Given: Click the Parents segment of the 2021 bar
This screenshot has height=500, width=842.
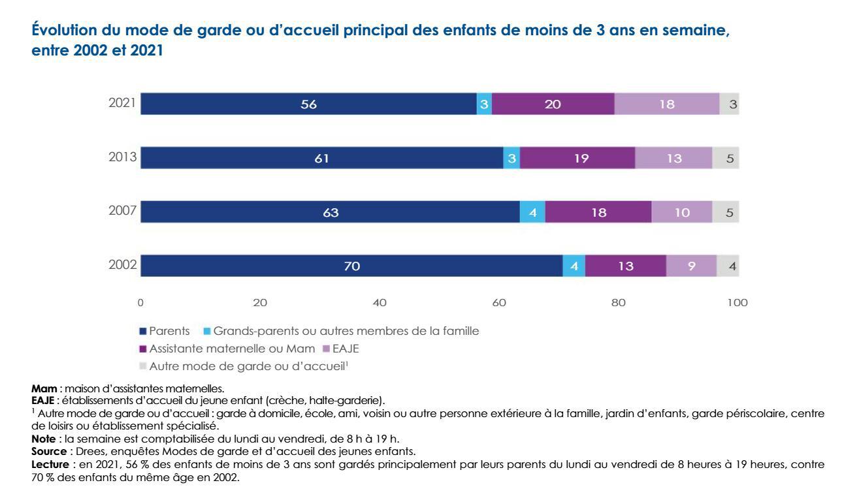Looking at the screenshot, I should point(308,104).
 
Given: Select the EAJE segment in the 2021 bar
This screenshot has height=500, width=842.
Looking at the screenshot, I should point(666,104).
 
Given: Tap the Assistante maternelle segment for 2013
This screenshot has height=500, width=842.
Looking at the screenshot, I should point(577,158).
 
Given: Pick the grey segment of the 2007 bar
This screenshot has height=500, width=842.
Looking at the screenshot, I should point(725,212).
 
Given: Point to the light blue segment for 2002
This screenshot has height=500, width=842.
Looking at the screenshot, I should point(574,266).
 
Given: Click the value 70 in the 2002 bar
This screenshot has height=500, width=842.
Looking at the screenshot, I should point(351,266).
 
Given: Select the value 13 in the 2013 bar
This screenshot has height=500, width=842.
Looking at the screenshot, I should point(673,158).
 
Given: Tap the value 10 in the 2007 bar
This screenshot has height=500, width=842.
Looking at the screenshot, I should point(681,212).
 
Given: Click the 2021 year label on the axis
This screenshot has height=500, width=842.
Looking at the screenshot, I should point(122,104).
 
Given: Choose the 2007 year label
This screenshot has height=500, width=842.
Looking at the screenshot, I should point(122,212).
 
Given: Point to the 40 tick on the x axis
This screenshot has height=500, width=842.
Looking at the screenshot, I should point(380,303).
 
